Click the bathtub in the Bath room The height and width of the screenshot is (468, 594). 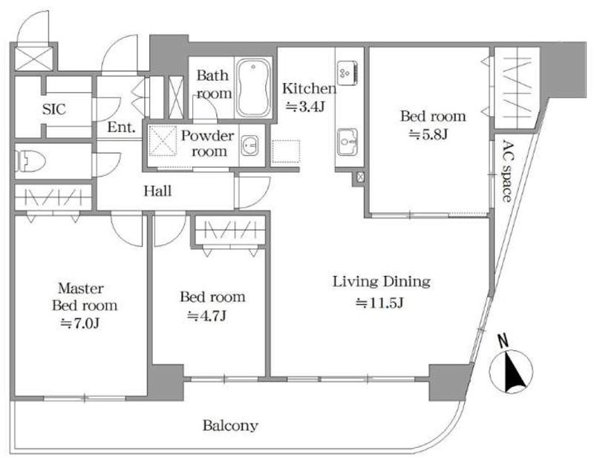click(253, 88)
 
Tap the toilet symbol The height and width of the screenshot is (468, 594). click(30, 161)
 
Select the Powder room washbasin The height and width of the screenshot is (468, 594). click(249, 145)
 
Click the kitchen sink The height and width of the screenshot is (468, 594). click(347, 142)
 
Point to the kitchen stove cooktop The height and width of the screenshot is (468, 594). click(347, 73)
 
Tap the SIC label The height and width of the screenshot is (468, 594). click(53, 109)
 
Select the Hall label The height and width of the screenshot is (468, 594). click(157, 191)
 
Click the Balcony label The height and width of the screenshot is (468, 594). click(230, 426)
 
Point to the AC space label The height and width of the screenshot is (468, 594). click(507, 171)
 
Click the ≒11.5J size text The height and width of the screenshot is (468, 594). click(379, 303)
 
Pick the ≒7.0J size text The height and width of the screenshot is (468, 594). click(80, 323)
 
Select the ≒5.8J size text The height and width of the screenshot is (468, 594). click(428, 134)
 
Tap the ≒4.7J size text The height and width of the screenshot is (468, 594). click(207, 315)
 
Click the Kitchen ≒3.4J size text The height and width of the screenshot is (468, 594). click(305, 107)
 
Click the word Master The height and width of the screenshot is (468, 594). click(81, 289)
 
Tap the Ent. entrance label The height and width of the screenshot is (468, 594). click(121, 127)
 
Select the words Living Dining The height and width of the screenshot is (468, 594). click(382, 282)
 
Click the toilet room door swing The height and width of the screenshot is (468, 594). click(107, 165)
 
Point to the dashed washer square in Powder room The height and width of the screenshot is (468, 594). click(163, 141)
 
